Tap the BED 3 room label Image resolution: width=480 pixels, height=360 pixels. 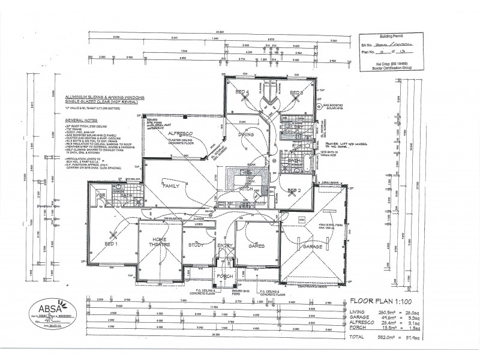point(296,92)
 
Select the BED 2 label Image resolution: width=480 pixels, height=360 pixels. point(293,190)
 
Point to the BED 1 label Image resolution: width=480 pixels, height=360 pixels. point(112,245)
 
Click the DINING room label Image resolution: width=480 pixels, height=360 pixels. point(246,135)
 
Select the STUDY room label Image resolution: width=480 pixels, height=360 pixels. point(196,245)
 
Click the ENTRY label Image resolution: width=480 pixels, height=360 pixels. point(225,245)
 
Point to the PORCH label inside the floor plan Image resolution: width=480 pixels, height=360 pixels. point(225,276)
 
